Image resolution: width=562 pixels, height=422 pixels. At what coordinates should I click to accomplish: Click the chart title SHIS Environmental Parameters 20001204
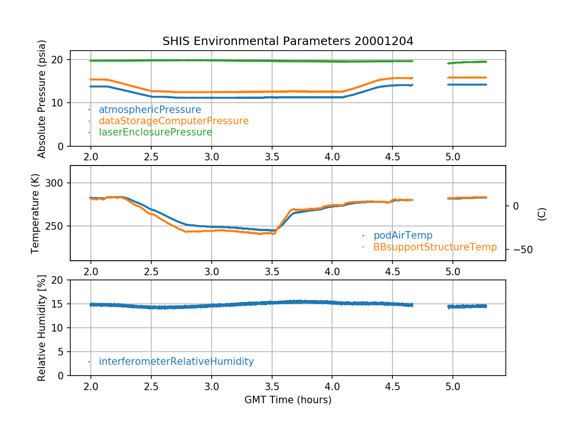click(288, 41)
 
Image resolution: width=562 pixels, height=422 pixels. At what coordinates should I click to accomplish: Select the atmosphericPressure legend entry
click(149, 110)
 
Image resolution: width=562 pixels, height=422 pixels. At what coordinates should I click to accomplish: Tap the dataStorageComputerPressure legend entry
click(173, 121)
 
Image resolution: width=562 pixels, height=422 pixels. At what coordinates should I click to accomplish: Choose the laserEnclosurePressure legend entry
click(155, 132)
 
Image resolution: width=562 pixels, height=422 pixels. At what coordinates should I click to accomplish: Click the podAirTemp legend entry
click(403, 235)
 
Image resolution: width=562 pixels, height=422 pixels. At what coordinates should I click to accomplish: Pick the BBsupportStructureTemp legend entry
click(435, 247)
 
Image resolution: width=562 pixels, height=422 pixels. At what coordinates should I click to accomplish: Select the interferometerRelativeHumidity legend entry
click(176, 362)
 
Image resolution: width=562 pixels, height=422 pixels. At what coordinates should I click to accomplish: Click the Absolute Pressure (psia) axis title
click(42, 98)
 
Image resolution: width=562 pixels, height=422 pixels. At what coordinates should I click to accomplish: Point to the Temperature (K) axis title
click(36, 213)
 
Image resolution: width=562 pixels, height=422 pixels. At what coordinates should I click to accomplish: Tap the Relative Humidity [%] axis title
click(42, 328)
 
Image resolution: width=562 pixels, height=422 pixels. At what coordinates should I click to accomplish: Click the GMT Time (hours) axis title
click(288, 400)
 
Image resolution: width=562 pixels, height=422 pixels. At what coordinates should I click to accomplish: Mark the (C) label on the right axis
click(541, 214)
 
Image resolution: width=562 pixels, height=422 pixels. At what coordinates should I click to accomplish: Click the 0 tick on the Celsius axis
click(516, 206)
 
